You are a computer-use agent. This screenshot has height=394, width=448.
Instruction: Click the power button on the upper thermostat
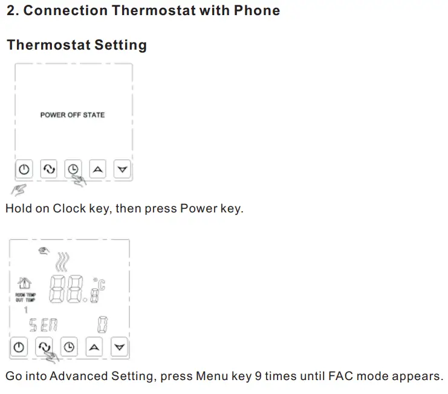24,169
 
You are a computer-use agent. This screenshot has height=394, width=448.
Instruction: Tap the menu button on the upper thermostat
48,169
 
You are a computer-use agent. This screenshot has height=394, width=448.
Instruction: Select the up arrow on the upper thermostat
99,169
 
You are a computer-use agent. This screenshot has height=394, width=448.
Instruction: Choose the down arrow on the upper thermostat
123,169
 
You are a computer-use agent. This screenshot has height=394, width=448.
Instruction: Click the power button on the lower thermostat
20,347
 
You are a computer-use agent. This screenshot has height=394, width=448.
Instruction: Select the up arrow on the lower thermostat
94,347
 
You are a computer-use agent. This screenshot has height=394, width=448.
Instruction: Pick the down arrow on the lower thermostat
120,347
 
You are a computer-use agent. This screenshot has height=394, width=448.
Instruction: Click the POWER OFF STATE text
73,114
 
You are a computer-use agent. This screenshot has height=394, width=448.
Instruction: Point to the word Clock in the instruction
68,209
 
